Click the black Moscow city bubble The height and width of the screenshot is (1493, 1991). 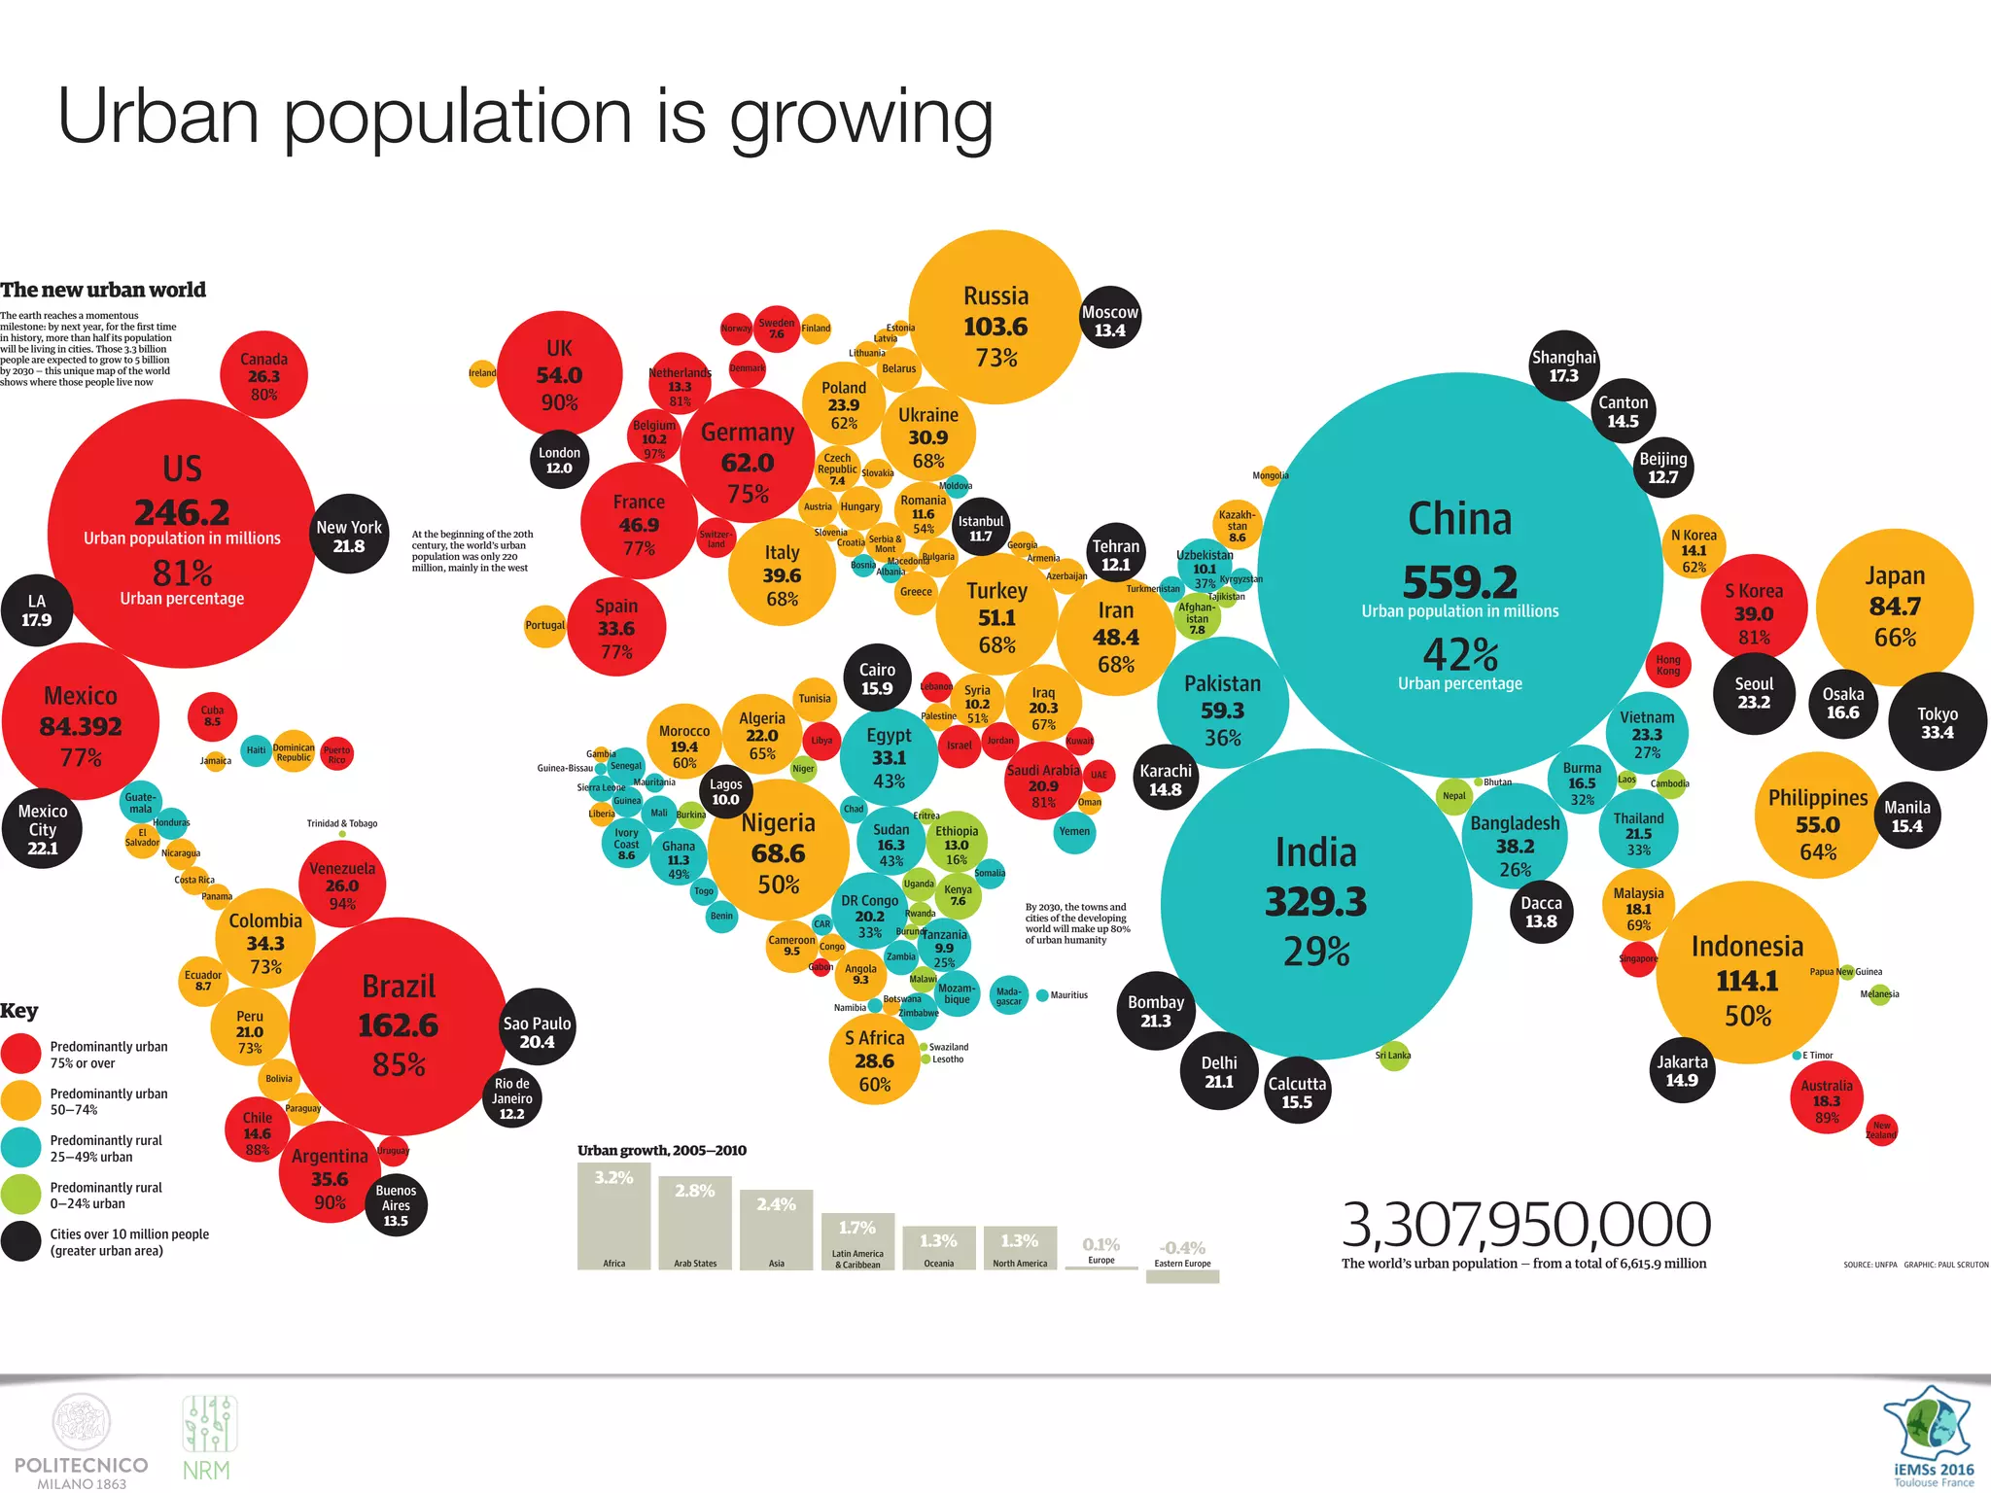click(1109, 322)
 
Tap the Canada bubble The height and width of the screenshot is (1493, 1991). click(263, 375)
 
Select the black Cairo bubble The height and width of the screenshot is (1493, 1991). click(877, 678)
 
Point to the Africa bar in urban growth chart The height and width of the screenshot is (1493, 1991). click(613, 1216)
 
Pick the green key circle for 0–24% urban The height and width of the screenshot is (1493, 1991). click(20, 1196)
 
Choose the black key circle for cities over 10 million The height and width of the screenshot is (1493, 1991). click(20, 1242)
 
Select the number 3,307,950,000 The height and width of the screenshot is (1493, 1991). click(1525, 1224)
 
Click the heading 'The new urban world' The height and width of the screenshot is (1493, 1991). click(103, 290)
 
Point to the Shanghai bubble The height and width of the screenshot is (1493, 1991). click(1563, 365)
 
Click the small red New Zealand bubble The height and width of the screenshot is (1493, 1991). click(1881, 1129)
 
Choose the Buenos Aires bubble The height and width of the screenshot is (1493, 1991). click(396, 1205)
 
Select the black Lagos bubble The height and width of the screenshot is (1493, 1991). click(725, 792)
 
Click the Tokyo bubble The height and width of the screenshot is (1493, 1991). click(1937, 722)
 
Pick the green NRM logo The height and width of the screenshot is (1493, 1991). click(208, 1439)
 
